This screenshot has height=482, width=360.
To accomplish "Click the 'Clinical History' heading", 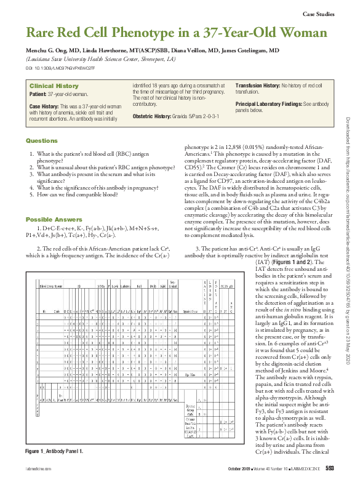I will pyautogui.click(x=54, y=86).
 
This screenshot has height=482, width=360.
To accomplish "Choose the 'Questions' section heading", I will pyautogui.click(x=41, y=141).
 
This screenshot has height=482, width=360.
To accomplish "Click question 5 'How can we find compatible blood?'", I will pyautogui.click(x=87, y=193).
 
